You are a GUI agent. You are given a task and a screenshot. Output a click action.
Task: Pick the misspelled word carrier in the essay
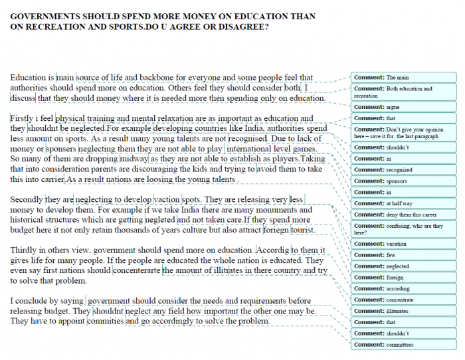50,179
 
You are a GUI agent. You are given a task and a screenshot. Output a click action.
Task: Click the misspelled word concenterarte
136,270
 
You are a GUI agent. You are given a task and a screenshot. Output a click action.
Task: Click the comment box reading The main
404,78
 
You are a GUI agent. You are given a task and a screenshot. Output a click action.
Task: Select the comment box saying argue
404,107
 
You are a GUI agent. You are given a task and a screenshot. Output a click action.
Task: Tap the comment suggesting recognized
404,170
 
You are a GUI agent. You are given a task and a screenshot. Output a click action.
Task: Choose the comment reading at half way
404,203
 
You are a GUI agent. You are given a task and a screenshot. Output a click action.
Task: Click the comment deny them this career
404,215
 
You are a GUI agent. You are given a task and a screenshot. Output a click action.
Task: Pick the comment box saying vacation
404,244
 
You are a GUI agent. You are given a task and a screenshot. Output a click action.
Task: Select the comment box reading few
404,255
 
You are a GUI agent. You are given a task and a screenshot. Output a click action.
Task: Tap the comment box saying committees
404,345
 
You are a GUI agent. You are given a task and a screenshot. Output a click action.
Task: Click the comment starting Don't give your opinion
404,133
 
